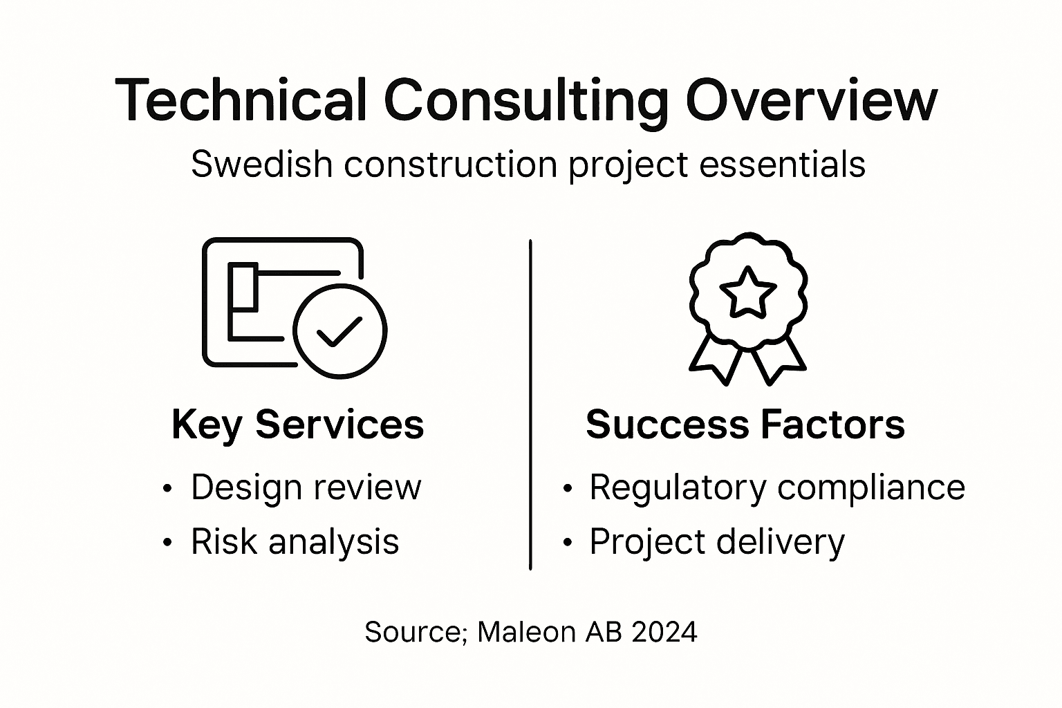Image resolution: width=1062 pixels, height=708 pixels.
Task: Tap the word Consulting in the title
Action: pyautogui.click(x=525, y=102)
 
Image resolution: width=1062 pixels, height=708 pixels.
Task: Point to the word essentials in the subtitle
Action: pyautogui.click(x=783, y=165)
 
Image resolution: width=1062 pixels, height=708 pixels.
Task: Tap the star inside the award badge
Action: pyautogui.click(x=747, y=292)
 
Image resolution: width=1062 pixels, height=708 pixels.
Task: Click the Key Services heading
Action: pyautogui.click(x=297, y=424)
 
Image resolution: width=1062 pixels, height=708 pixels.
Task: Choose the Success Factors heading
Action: pyautogui.click(x=745, y=424)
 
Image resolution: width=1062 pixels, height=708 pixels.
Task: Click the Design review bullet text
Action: pyautogui.click(x=306, y=487)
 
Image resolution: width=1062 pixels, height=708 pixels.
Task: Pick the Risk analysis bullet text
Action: pyautogui.click(x=295, y=541)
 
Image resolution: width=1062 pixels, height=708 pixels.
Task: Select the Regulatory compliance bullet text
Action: pyautogui.click(x=776, y=487)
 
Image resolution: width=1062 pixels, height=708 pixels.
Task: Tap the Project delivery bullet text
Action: pyautogui.click(x=716, y=541)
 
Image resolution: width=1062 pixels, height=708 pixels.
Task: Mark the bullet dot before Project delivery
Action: pyautogui.click(x=568, y=543)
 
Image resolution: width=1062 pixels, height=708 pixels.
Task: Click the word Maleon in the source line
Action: pyautogui.click(x=526, y=631)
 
